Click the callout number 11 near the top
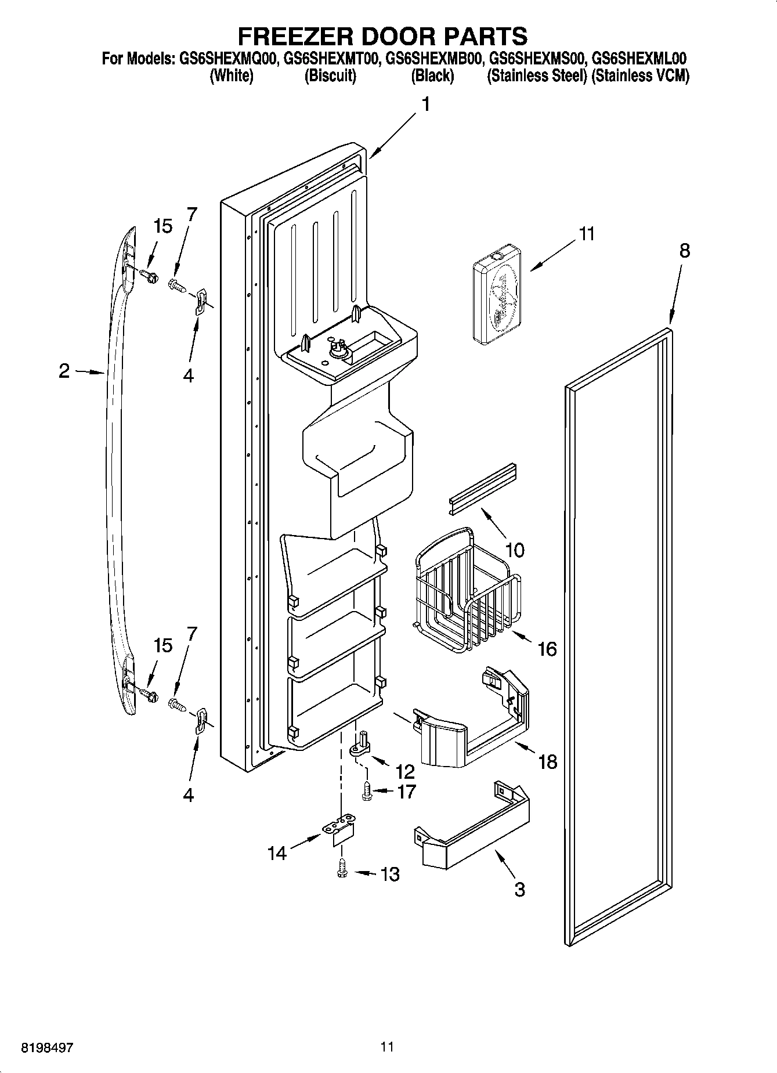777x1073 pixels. (x=586, y=234)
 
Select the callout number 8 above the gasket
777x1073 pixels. (x=685, y=251)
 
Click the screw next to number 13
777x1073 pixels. (x=342, y=870)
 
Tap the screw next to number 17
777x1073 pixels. (x=367, y=791)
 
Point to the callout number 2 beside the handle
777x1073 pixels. (x=64, y=371)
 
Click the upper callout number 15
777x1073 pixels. (x=163, y=226)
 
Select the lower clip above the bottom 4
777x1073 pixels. (x=201, y=720)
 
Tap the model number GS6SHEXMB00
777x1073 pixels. (x=433, y=59)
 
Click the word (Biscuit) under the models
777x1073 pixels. (x=330, y=76)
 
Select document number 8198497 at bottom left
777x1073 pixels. (x=48, y=1047)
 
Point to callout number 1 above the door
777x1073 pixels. (x=425, y=104)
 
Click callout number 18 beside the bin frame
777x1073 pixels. (x=547, y=761)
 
